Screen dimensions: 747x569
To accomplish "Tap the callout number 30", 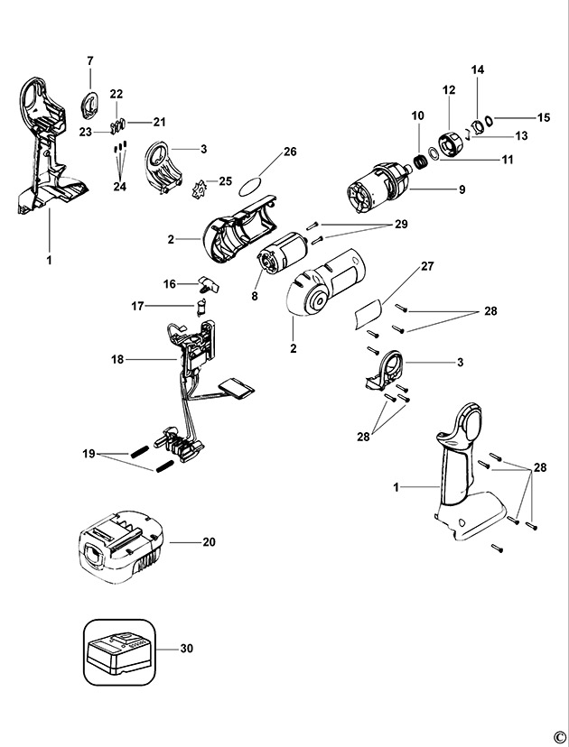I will (x=187, y=648).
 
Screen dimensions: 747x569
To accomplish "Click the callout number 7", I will (x=90, y=60).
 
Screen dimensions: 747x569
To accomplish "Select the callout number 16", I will (x=168, y=283).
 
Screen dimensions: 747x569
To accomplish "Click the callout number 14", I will (x=478, y=69).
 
